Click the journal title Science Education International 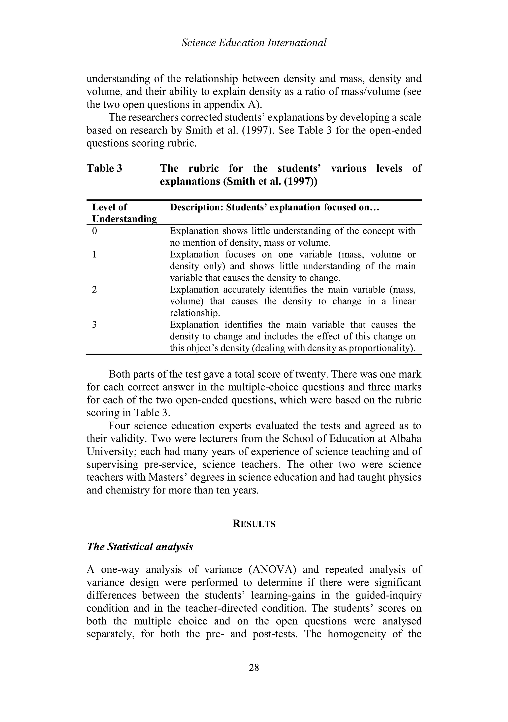pyautogui.click(x=254, y=43)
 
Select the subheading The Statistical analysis pyautogui.click(x=140, y=547)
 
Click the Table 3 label pyautogui.click(x=104, y=168)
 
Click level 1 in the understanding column pyautogui.click(x=95, y=254)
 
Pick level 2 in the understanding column pyautogui.click(x=95, y=289)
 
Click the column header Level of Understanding pyautogui.click(x=124, y=213)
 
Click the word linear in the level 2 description pyautogui.click(x=404, y=301)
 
